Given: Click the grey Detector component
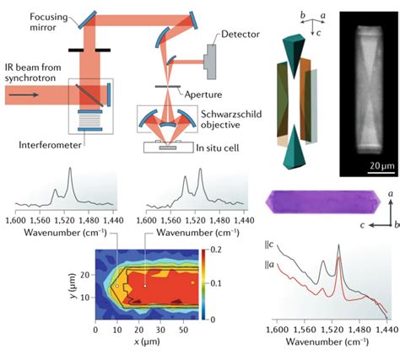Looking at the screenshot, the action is tap(211, 62).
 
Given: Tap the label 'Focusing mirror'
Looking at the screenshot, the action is tap(49, 22).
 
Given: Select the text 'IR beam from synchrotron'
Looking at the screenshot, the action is tap(33, 73).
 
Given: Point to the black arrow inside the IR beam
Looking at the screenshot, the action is tap(24, 95).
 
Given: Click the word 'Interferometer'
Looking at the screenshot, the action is tap(50, 145).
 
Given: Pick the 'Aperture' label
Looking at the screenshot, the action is tap(203, 94).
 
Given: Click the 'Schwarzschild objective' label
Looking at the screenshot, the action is tap(231, 120).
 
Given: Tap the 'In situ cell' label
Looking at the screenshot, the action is tap(218, 148).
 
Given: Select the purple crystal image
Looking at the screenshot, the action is tap(323, 201).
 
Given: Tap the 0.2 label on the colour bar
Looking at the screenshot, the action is tap(216, 250).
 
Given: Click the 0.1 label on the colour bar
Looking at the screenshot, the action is tap(216, 283).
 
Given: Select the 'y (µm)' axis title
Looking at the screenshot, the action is tap(74, 286).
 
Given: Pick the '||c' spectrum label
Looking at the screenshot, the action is tap(269, 244).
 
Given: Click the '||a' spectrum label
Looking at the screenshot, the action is tap(269, 265).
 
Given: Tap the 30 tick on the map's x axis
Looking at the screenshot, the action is tap(160, 330).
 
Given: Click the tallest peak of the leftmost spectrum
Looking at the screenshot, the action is tap(70, 168).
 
